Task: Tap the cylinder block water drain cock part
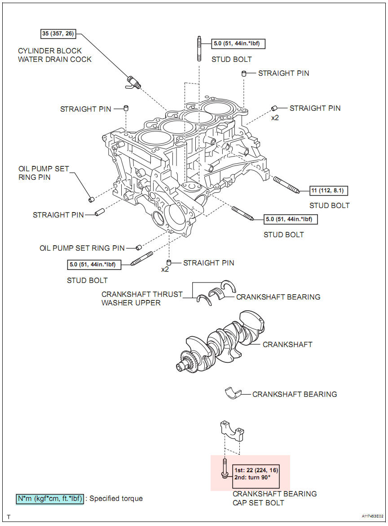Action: coord(132,82)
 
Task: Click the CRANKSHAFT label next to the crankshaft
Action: coord(287,344)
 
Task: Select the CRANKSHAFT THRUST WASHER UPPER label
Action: coord(142,298)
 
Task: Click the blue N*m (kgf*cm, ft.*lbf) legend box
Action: coord(50,499)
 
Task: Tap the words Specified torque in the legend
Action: coord(116,499)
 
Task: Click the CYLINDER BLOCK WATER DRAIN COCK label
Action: coord(54,55)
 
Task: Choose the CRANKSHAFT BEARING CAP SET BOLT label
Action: coord(274,498)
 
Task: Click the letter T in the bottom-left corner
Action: coord(9,517)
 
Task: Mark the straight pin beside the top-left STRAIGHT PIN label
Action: coord(127,108)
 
